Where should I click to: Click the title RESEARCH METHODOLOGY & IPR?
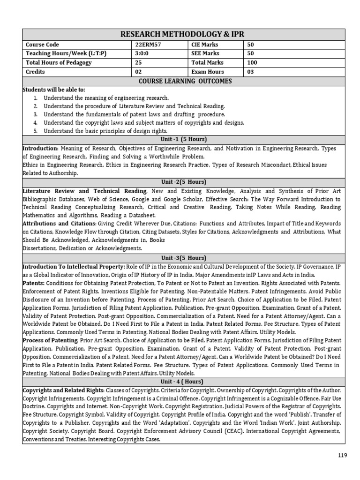point(183,35)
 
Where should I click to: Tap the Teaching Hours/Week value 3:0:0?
point(141,53)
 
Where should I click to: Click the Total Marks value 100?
point(252,63)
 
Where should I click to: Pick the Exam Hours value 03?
point(250,72)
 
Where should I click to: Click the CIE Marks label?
point(205,45)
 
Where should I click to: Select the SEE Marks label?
point(205,53)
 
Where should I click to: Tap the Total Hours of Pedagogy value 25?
point(138,63)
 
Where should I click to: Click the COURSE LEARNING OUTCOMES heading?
point(183,81)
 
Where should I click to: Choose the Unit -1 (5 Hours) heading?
point(183,140)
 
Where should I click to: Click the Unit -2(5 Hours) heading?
point(183,182)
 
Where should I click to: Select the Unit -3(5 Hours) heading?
point(183,258)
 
